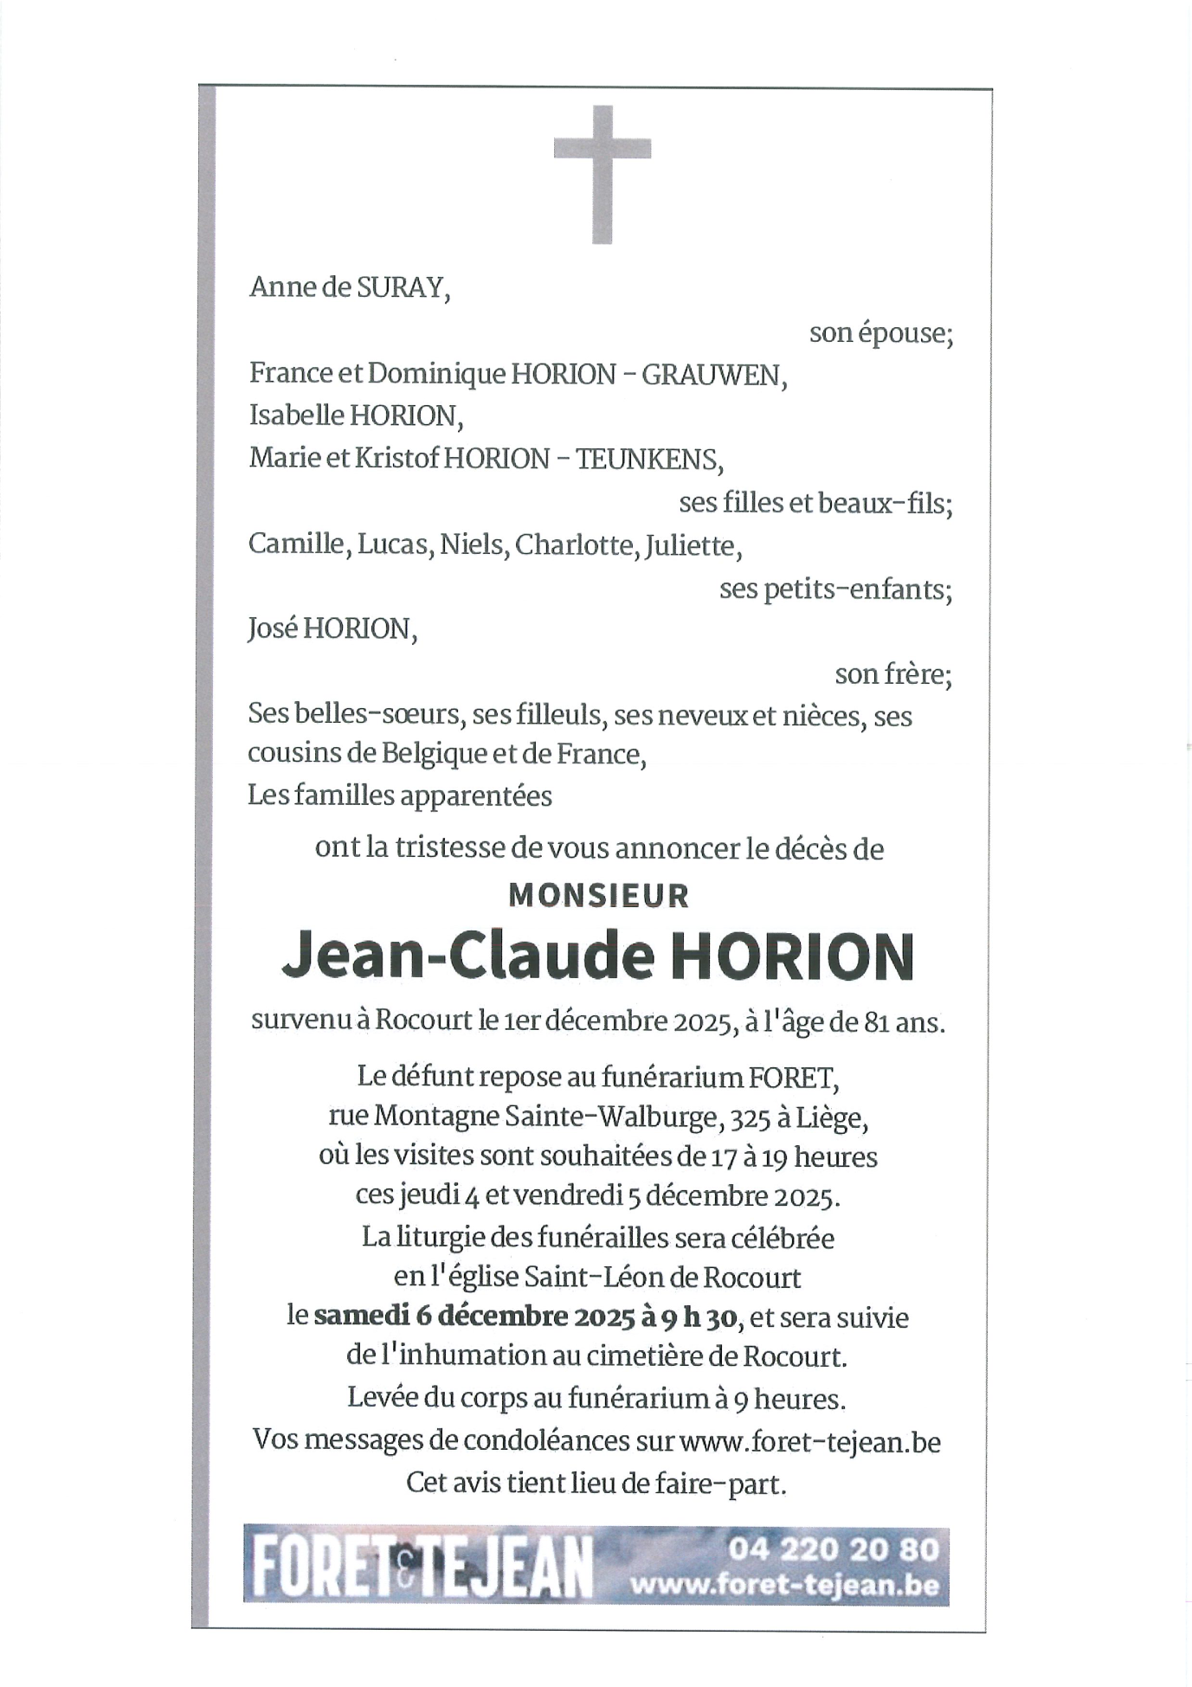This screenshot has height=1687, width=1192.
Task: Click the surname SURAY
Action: [x=400, y=287]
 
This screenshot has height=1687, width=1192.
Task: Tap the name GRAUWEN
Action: [x=711, y=375]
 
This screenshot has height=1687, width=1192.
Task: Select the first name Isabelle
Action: [x=296, y=416]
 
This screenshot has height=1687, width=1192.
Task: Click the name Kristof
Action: [x=396, y=459]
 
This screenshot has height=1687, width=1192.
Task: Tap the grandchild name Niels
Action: [x=473, y=545]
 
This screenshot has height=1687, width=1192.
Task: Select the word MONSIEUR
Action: [x=598, y=896]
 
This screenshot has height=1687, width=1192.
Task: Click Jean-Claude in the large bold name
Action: [x=467, y=956]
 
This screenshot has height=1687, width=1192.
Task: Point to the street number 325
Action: [x=750, y=1118]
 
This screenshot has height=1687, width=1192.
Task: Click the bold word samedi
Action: [x=361, y=1317]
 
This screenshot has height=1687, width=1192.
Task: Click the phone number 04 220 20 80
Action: [x=833, y=1549]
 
